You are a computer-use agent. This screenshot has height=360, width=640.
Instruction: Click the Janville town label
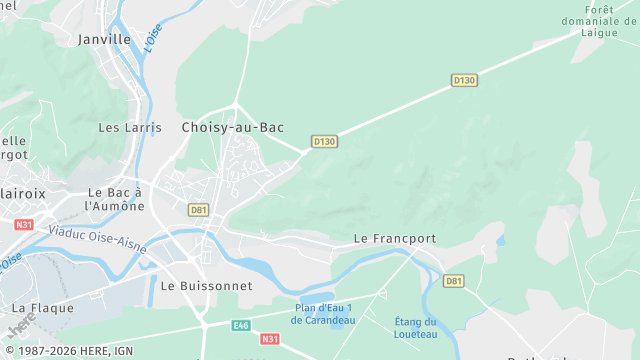click(104, 39)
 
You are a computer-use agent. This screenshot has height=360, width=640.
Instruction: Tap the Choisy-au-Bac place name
click(232, 127)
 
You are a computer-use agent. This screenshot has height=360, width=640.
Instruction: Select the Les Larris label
click(122, 127)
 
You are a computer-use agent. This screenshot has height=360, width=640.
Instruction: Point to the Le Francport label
click(395, 239)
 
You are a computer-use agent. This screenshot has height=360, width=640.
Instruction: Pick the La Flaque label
click(43, 307)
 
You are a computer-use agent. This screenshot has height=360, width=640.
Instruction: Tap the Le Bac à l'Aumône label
click(115, 198)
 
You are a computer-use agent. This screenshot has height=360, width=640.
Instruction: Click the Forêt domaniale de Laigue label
click(613, 20)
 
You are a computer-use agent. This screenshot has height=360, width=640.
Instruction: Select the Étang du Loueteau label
click(416, 327)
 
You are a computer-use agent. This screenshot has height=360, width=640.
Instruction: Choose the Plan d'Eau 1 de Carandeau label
click(323, 314)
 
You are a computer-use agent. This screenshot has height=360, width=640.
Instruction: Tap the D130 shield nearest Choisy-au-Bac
click(324, 142)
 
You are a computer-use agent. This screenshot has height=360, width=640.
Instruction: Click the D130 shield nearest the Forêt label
click(464, 80)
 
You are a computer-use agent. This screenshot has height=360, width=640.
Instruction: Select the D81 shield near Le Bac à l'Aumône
click(198, 210)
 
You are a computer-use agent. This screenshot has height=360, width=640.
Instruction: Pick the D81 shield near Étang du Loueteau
click(454, 282)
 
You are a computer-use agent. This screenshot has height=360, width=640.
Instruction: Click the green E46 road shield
click(241, 325)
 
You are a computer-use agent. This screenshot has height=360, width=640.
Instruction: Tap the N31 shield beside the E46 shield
click(270, 340)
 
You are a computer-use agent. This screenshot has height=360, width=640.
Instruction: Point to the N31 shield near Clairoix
click(23, 225)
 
